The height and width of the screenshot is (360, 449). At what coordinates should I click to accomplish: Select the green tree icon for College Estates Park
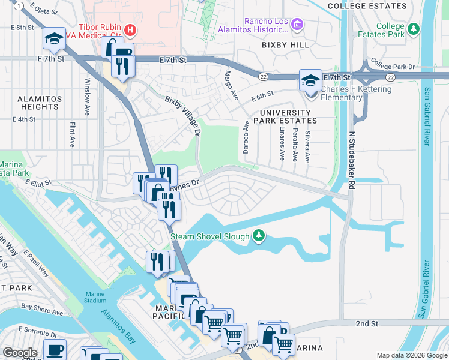[x=413, y=29]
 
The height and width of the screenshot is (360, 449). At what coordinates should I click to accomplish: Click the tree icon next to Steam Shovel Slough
[x=258, y=236]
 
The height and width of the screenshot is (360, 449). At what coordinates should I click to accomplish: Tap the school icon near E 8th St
[x=53, y=39]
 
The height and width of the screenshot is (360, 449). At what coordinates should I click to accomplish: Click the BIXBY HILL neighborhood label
[x=285, y=45]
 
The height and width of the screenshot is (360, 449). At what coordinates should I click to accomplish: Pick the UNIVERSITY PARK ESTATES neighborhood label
[x=285, y=116]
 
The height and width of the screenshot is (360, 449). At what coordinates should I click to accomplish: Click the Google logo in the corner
[x=20, y=352]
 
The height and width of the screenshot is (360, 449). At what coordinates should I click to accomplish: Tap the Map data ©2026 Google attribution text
[x=411, y=355]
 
